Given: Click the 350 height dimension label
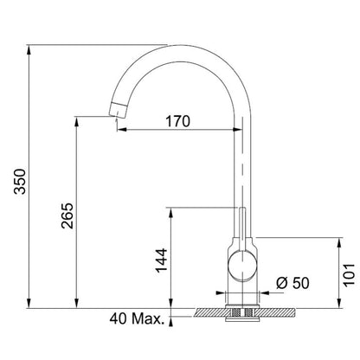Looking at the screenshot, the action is (20, 181).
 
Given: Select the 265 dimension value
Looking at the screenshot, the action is (67, 215).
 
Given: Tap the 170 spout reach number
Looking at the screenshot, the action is (177, 121).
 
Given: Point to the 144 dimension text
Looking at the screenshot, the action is (162, 260).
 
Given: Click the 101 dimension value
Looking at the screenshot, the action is (349, 274).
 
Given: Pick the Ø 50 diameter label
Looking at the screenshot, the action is (292, 283).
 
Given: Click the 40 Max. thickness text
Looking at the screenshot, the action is (137, 319).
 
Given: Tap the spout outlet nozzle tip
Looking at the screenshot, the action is (118, 110).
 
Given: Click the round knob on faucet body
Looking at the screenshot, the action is (242, 266).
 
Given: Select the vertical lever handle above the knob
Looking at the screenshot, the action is (242, 228).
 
